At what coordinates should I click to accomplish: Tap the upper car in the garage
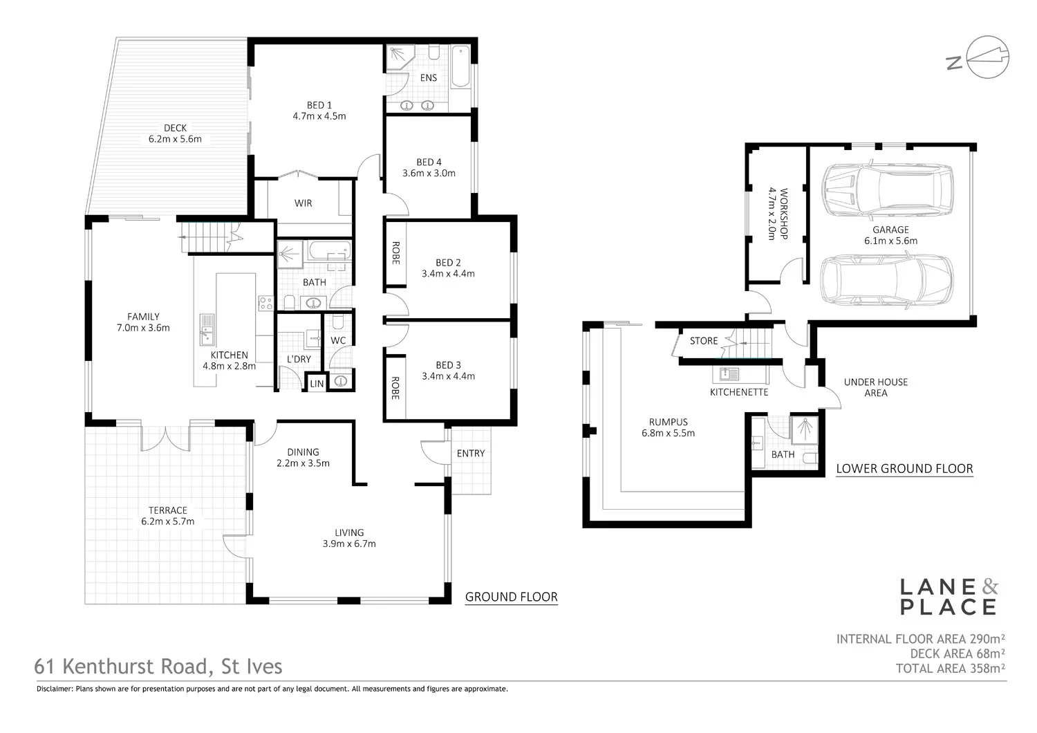[887, 189]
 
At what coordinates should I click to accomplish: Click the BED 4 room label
[429, 163]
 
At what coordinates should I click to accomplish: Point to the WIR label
[303, 203]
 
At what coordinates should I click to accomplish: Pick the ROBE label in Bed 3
[395, 388]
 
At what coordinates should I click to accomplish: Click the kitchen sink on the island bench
[207, 328]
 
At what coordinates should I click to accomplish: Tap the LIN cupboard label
[317, 384]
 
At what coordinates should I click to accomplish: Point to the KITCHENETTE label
[739, 392]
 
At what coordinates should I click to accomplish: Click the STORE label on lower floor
[704, 341]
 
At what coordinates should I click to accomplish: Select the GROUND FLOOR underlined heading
[511, 597]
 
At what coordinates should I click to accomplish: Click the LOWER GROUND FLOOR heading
[904, 469]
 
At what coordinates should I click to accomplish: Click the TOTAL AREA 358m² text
[950, 669]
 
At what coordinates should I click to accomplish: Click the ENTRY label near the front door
[471, 454]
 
